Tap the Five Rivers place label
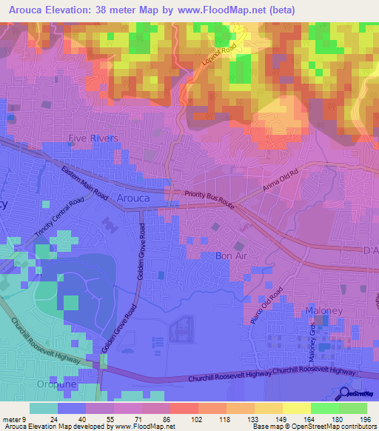tap(93, 138)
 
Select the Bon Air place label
tap(230, 255)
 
